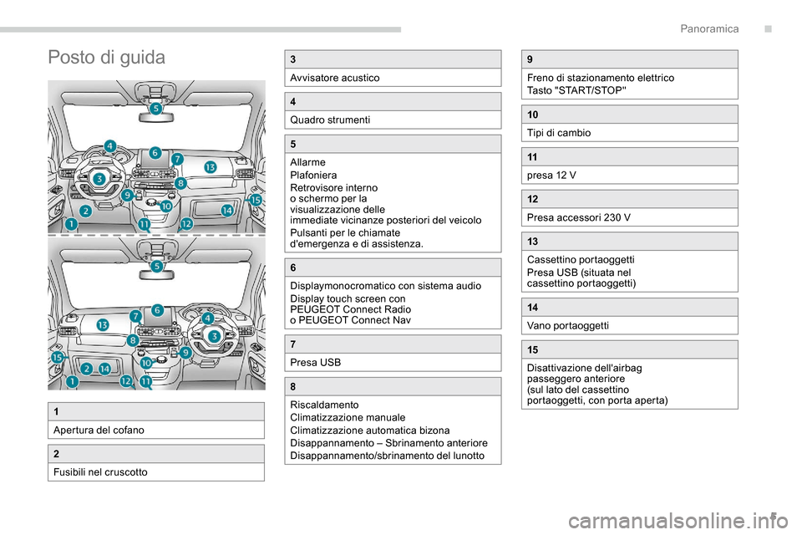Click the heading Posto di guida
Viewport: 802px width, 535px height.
coord(107,58)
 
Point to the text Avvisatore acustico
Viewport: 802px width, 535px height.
coord(334,78)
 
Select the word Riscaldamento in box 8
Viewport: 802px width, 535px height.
coord(323,405)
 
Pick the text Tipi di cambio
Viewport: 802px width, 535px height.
coord(559,132)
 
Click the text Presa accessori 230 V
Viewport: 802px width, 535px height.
coord(578,217)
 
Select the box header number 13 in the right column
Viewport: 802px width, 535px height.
coord(532,241)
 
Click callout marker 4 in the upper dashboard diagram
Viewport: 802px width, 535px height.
coord(110,146)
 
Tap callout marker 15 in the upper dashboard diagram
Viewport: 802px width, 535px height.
coord(256,201)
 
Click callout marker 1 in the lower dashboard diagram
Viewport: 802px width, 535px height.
coord(73,381)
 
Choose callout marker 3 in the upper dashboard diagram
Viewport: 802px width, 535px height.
coord(99,178)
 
